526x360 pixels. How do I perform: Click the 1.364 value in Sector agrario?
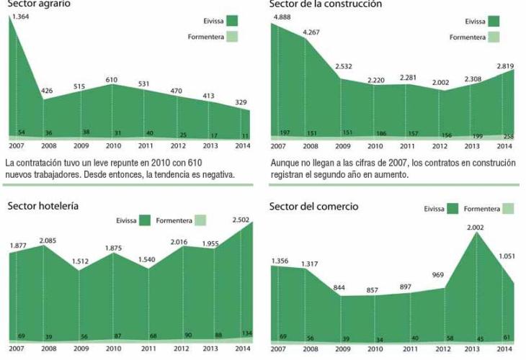(x=22, y=15)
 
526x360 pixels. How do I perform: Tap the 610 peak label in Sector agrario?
(x=111, y=79)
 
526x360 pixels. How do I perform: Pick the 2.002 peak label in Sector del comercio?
(x=475, y=228)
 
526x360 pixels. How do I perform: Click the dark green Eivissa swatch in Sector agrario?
(x=231, y=21)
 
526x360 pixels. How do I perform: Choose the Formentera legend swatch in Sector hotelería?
(x=200, y=221)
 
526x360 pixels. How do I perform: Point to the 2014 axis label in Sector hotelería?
(x=243, y=349)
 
